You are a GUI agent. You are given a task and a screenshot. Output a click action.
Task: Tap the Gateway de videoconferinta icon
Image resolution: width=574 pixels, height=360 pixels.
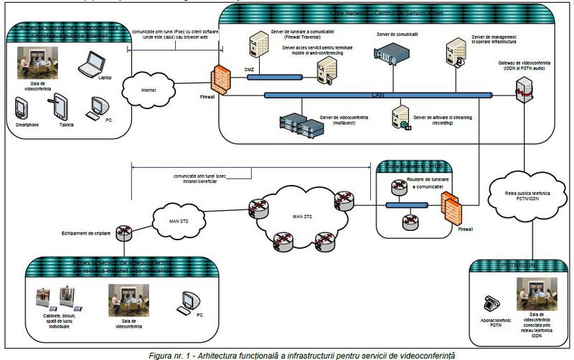click(x=521, y=86)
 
